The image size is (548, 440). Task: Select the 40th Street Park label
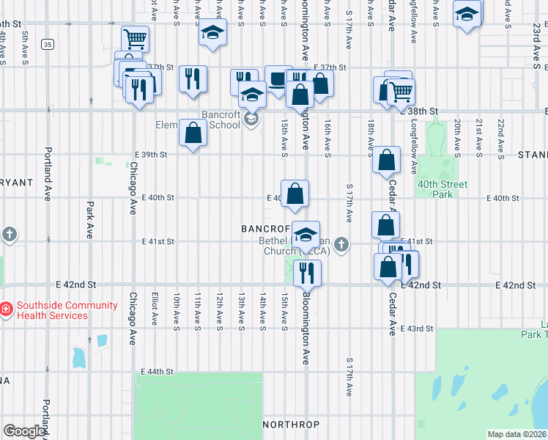pyautogui.click(x=442, y=190)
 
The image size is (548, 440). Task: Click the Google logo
pyautogui.click(x=24, y=431)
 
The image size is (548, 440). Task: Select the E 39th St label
pyautogui.click(x=151, y=155)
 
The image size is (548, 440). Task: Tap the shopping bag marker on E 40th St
pyautogui.click(x=295, y=194)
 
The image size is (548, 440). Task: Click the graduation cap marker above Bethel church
pyautogui.click(x=306, y=235)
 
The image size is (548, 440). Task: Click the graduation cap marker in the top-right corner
pyautogui.click(x=467, y=15)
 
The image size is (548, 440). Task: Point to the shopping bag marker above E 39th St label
pyautogui.click(x=193, y=133)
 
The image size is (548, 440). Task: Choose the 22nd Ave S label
pyautogui.click(x=501, y=138)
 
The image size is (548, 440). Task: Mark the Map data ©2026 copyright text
pyautogui.click(x=516, y=434)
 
